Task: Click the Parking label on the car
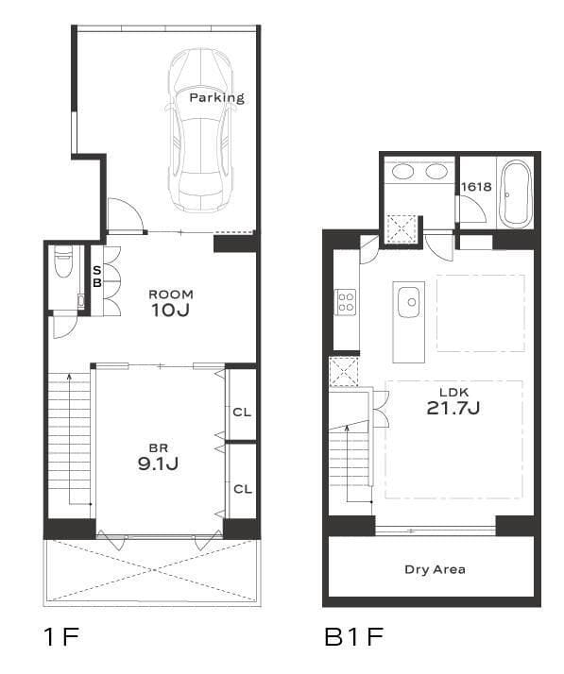click(217, 98)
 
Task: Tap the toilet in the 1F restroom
click(63, 261)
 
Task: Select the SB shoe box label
click(97, 277)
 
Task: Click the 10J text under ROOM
click(170, 310)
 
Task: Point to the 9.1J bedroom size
click(159, 463)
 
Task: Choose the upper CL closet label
click(242, 413)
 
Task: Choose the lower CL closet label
click(243, 489)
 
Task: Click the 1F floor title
click(62, 636)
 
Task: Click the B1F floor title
click(353, 636)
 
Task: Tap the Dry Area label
click(435, 569)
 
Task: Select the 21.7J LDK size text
click(453, 408)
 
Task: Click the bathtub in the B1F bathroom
click(516, 194)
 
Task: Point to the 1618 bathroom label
click(476, 187)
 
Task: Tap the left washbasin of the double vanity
click(403, 172)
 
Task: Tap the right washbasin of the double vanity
click(436, 172)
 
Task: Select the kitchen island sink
click(409, 302)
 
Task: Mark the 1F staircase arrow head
click(69, 377)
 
